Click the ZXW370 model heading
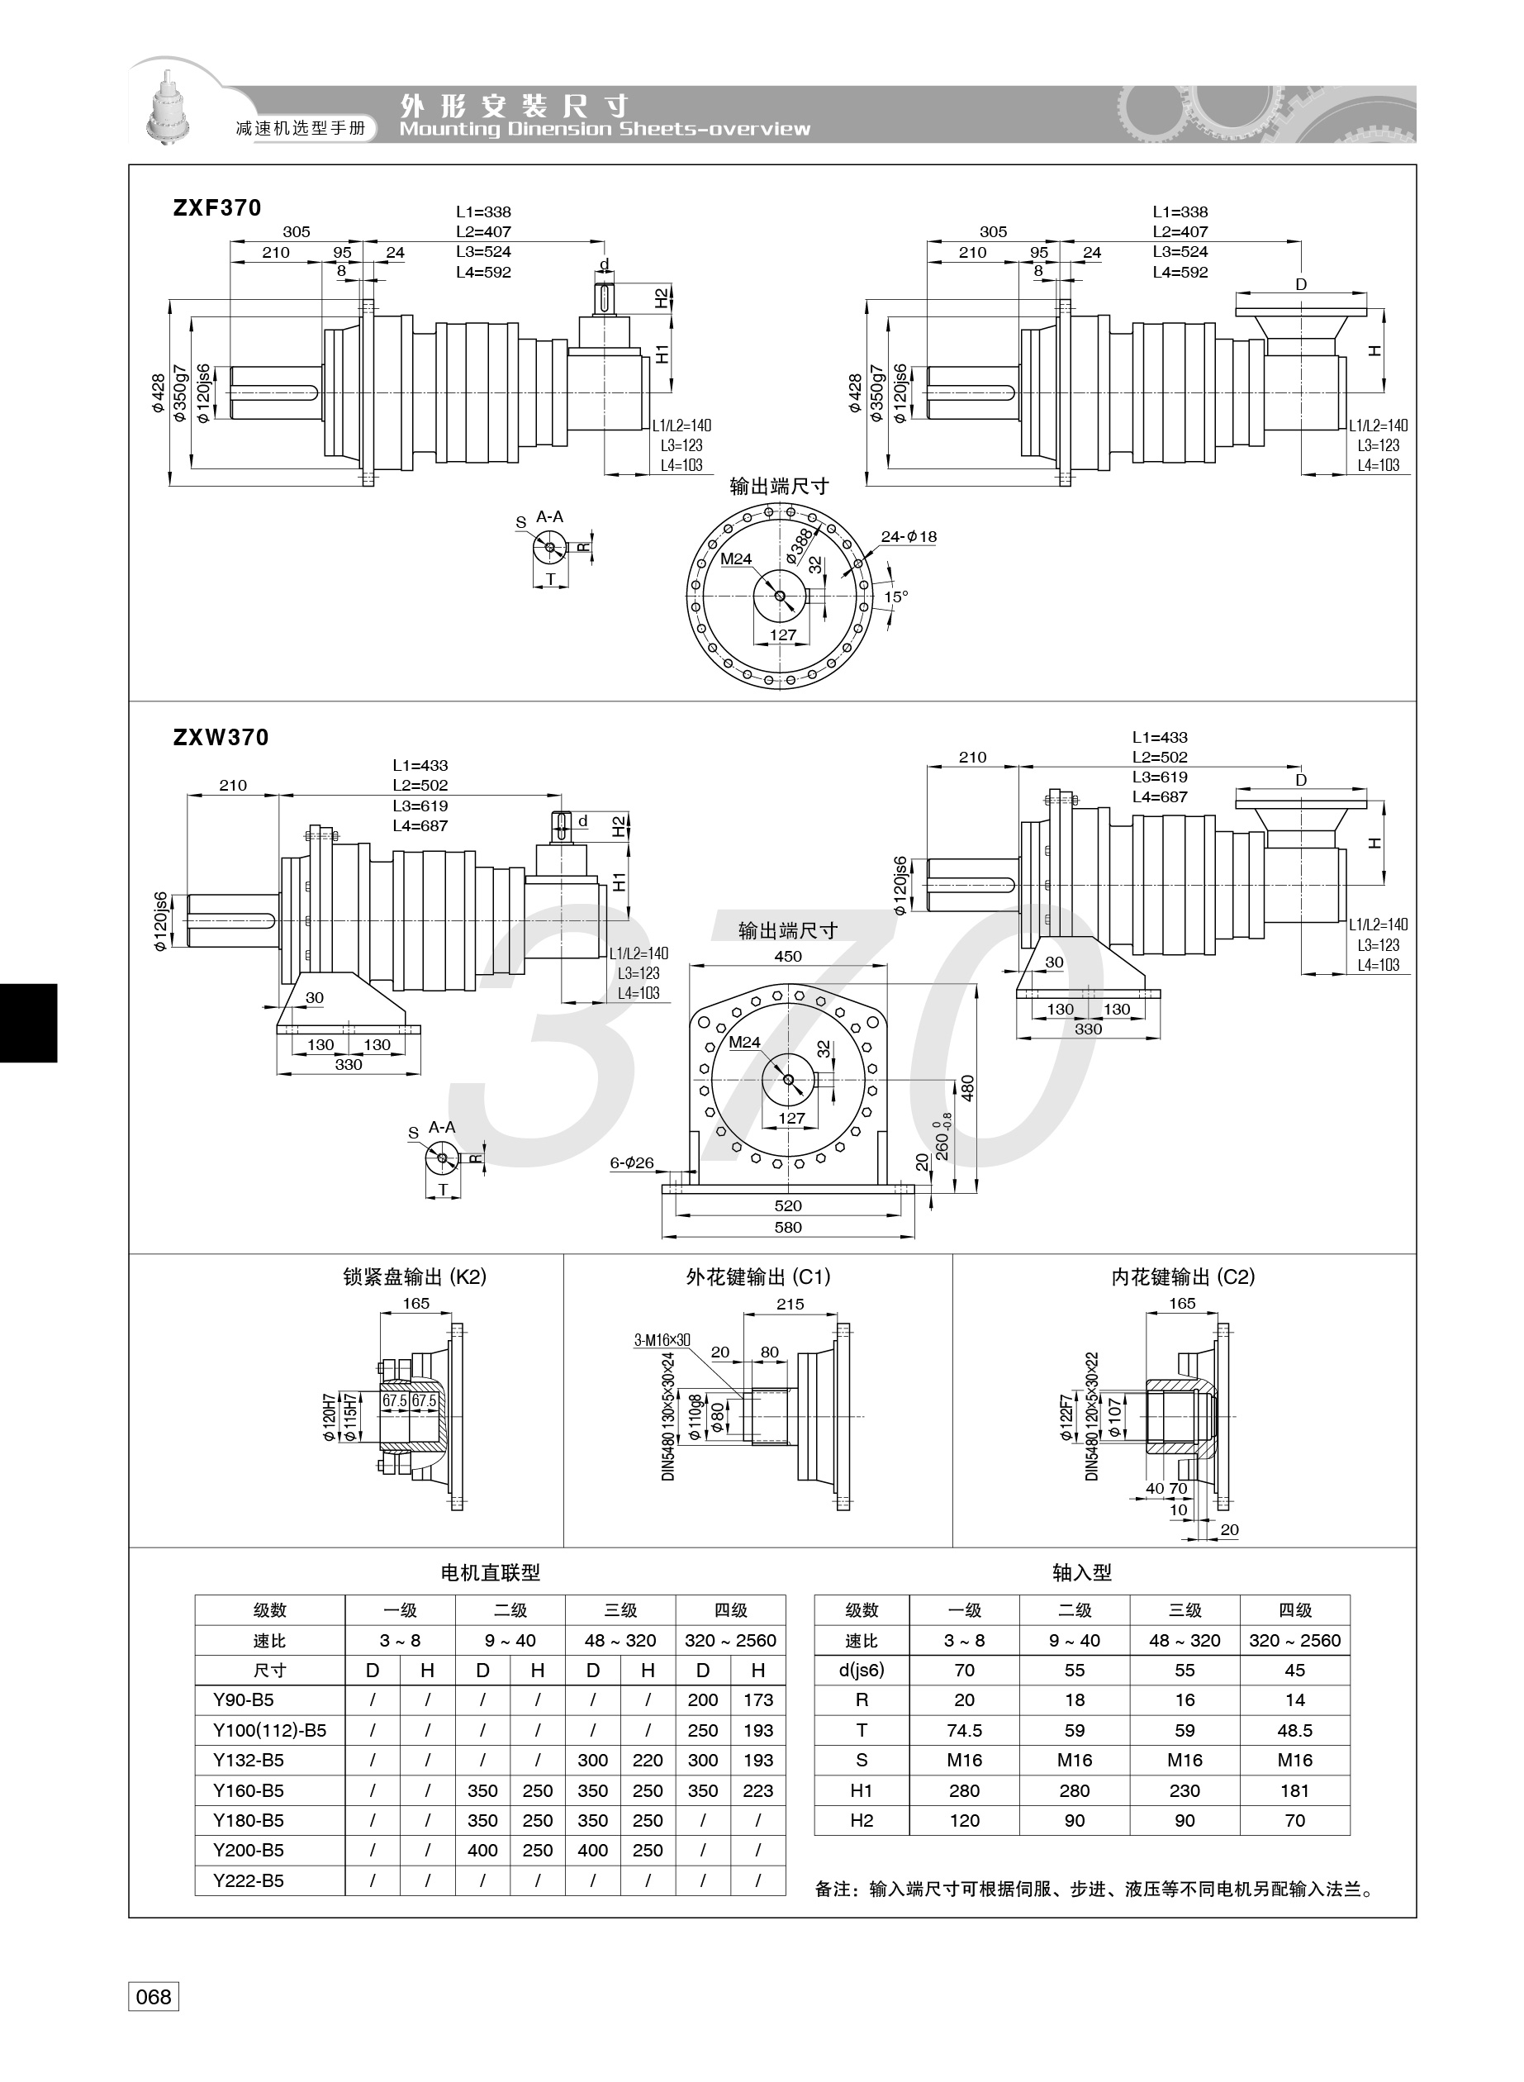click(221, 737)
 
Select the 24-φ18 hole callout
click(909, 536)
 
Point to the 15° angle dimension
click(895, 597)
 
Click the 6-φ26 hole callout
click(632, 1163)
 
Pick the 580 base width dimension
click(788, 1228)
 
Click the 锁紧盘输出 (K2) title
click(415, 1276)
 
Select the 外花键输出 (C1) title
click(758, 1276)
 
